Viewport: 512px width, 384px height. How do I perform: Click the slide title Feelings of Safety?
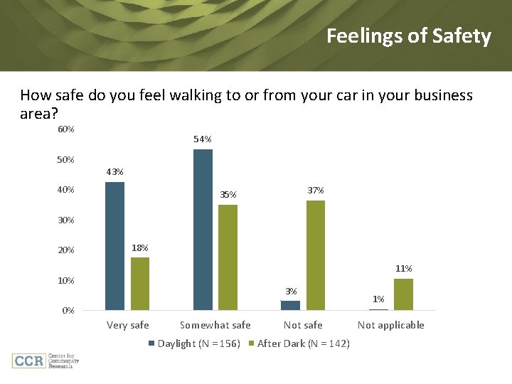tap(408, 36)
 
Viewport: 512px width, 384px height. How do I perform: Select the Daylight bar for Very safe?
tap(114, 246)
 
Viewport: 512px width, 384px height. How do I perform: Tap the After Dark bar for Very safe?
tap(140, 284)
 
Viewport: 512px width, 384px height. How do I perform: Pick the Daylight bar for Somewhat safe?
tap(203, 230)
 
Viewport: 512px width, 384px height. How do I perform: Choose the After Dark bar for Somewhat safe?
tap(228, 257)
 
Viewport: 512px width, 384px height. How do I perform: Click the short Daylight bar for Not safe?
tap(290, 306)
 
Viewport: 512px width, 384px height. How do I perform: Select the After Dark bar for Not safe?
tap(316, 255)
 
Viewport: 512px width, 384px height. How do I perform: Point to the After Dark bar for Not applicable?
tap(403, 294)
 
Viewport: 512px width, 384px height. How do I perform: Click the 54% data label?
tap(203, 139)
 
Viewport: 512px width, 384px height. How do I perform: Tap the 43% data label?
tap(114, 172)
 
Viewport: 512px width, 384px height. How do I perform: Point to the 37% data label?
tap(316, 191)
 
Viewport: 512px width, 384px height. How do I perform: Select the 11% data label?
tap(404, 269)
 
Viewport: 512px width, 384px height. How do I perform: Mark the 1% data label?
tap(379, 299)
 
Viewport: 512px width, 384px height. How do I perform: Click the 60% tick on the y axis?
tap(65, 129)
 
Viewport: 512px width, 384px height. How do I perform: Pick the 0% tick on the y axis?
tap(68, 311)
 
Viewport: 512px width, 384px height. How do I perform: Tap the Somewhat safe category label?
tap(215, 326)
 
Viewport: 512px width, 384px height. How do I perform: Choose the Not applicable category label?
tap(390, 326)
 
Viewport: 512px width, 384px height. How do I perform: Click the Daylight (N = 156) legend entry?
tap(194, 344)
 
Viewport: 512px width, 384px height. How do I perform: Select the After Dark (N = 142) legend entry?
tap(299, 344)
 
